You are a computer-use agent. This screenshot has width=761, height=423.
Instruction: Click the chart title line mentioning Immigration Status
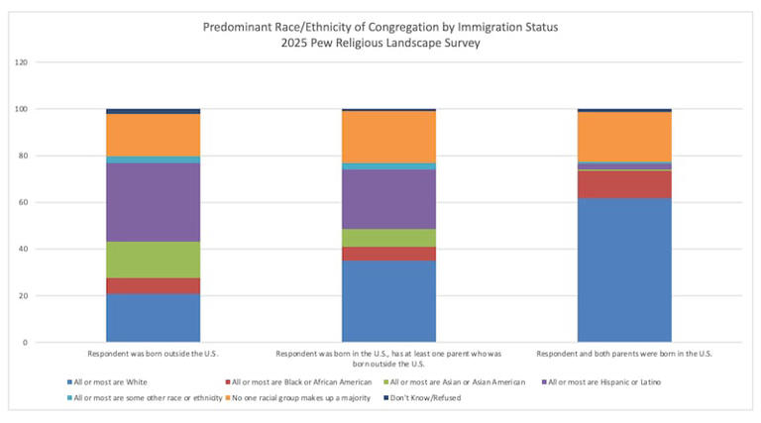pyautogui.click(x=380, y=26)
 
